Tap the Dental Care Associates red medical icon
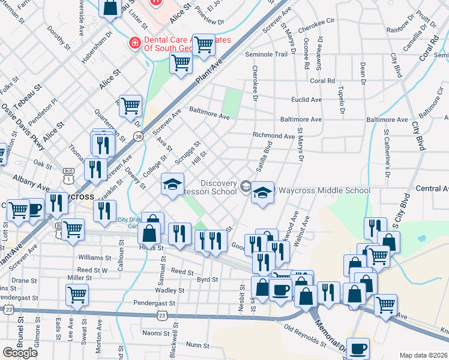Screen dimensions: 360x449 click(x=134, y=43)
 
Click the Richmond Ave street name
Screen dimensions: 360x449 click(x=274, y=136)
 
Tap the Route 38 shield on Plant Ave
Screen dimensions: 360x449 click(x=139, y=137)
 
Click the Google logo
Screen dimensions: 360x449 click(x=20, y=353)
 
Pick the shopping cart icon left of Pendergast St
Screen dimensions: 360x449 click(x=77, y=294)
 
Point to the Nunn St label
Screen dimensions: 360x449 click(x=197, y=344)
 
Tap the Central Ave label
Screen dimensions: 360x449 click(x=432, y=188)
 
